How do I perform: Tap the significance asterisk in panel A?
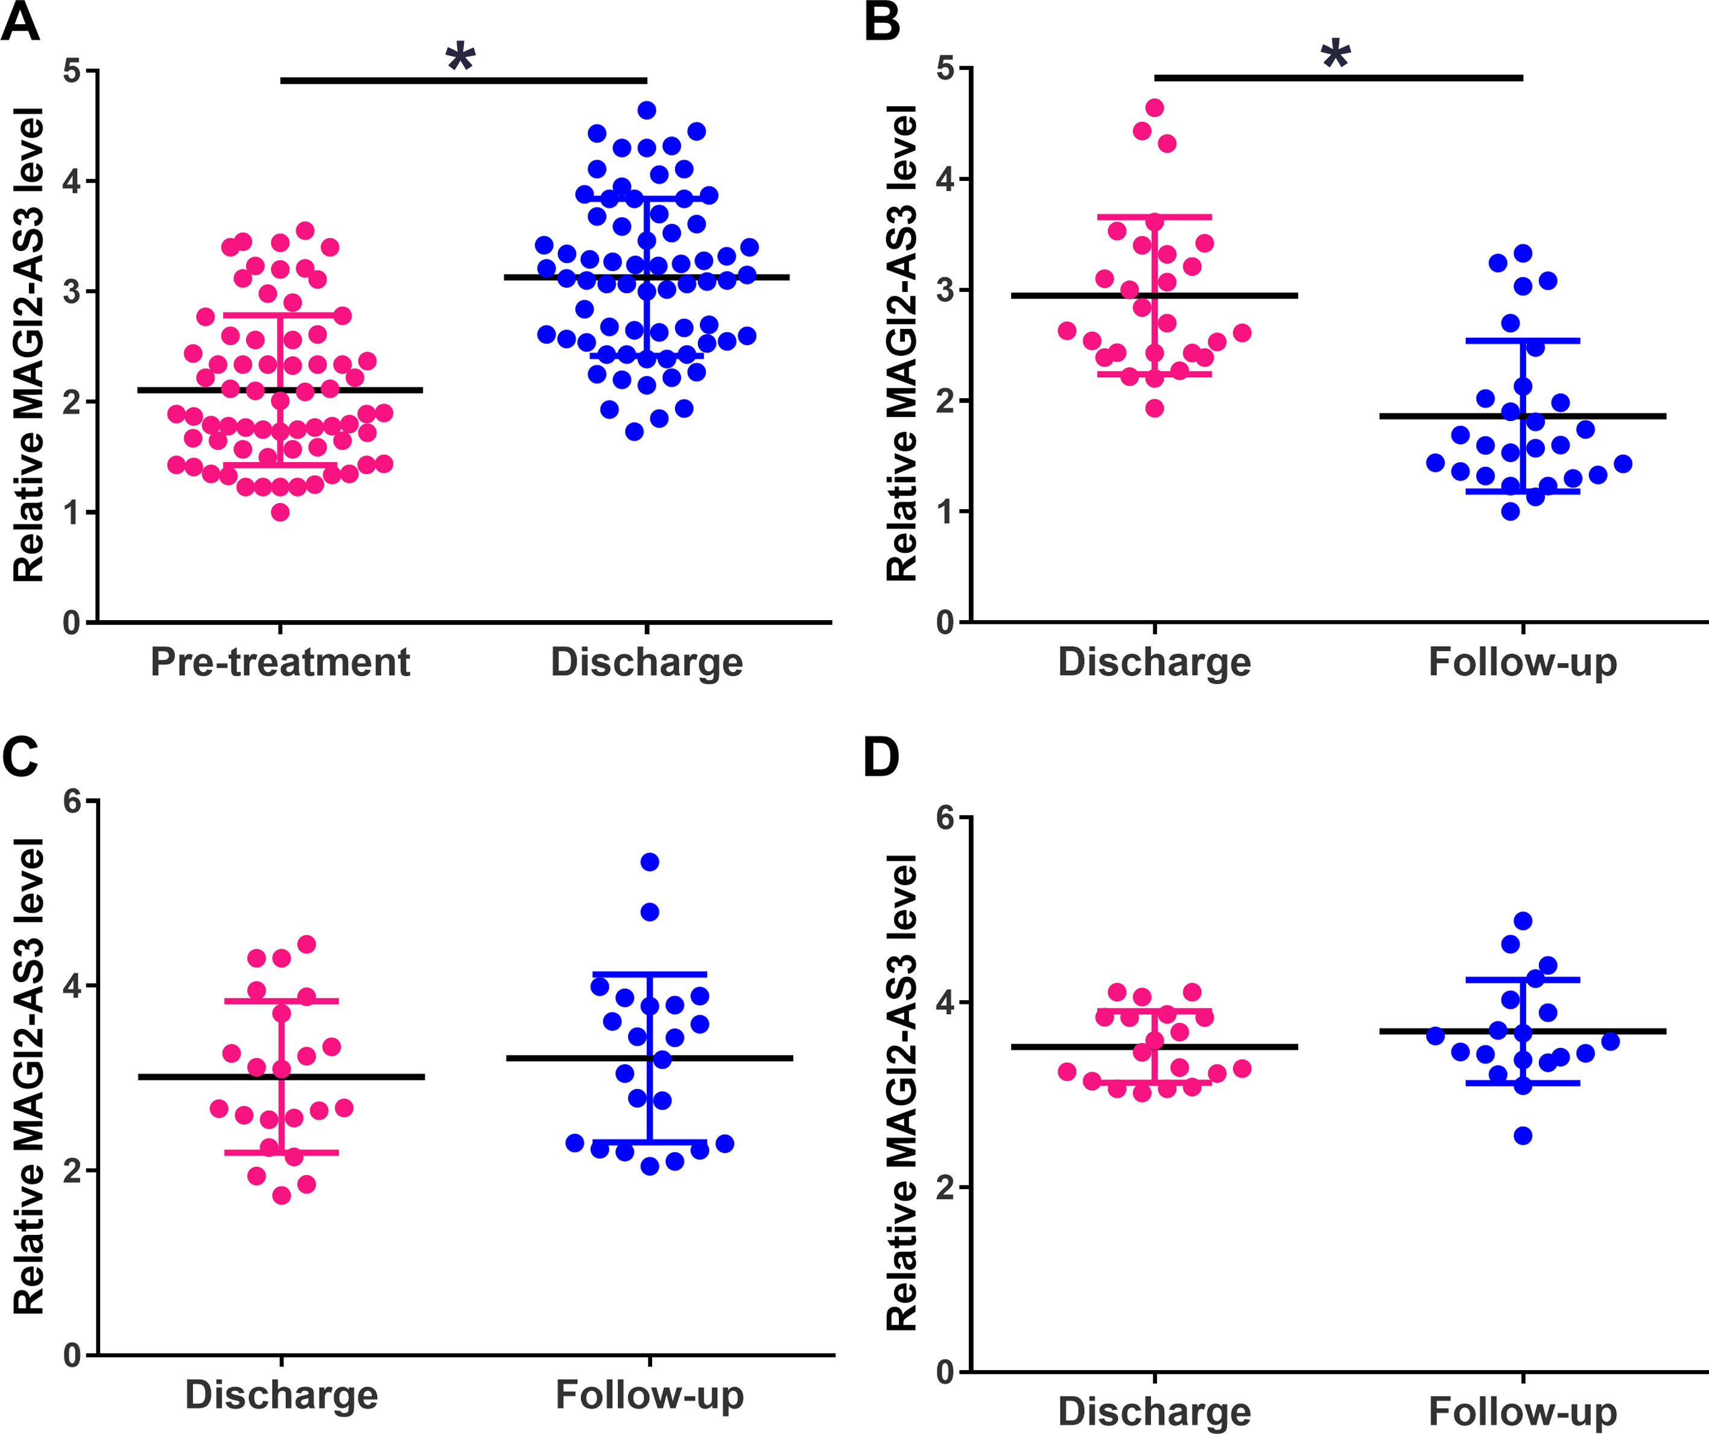click(x=461, y=57)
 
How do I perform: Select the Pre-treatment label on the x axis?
click(x=280, y=662)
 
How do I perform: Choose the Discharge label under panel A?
click(x=647, y=662)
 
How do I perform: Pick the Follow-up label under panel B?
click(x=1523, y=662)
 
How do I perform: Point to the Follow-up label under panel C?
click(x=650, y=1395)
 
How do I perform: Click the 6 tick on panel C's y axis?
click(x=72, y=802)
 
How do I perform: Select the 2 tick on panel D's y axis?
click(x=946, y=1187)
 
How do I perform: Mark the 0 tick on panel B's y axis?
click(x=946, y=623)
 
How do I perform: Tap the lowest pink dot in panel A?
click(x=280, y=512)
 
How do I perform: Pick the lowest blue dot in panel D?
click(x=1523, y=1136)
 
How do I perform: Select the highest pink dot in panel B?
click(x=1154, y=107)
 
